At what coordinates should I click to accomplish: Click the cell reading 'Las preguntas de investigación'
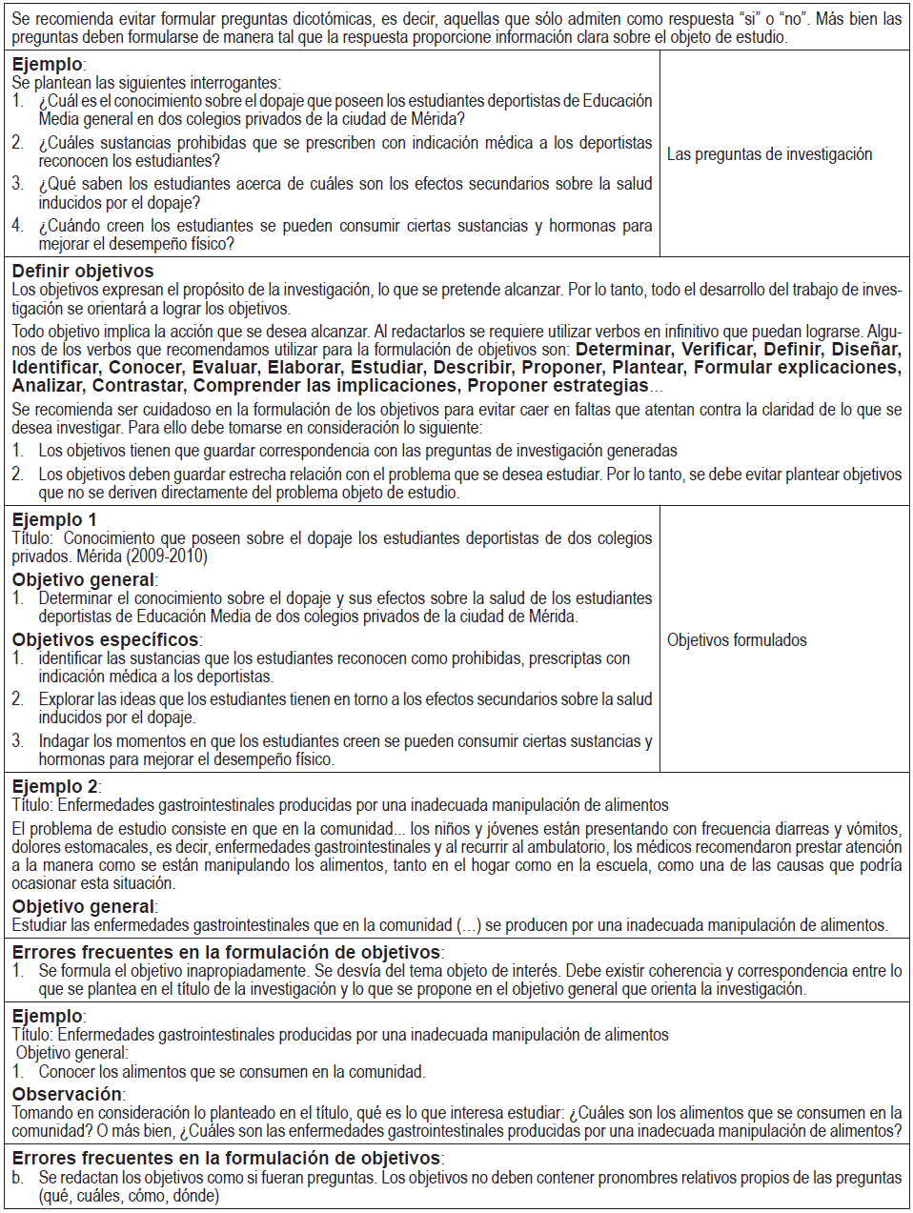click(x=769, y=154)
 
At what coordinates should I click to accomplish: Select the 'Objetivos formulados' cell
click(x=737, y=640)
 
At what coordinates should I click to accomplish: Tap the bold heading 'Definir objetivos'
click(x=83, y=272)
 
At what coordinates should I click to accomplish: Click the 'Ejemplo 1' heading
click(x=54, y=519)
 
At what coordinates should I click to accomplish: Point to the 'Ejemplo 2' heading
click(x=54, y=786)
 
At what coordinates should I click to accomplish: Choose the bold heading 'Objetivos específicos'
click(x=105, y=639)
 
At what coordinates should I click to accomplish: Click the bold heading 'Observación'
click(x=67, y=1094)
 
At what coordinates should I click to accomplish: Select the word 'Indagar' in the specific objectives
click(x=65, y=741)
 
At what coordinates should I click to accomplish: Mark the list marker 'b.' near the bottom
click(x=18, y=1178)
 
